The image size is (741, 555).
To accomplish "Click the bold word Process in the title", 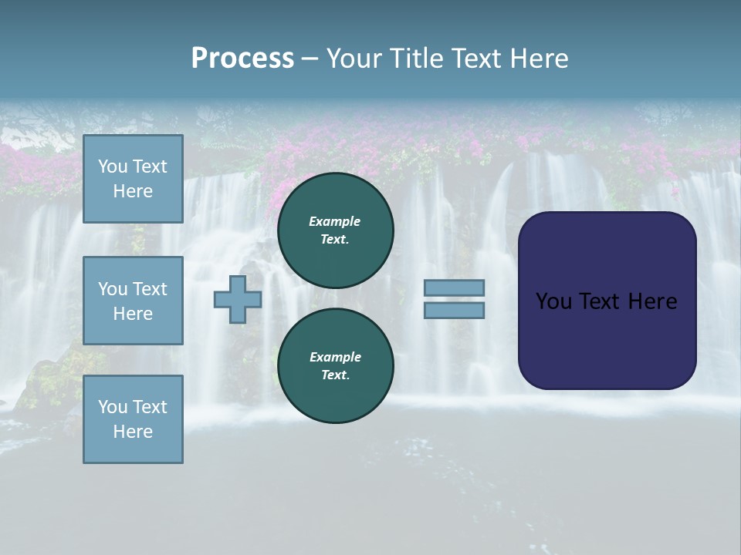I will [242, 59].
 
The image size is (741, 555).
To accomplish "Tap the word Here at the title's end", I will [540, 59].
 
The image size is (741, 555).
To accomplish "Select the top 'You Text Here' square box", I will [133, 179].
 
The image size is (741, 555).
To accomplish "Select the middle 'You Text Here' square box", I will [133, 301].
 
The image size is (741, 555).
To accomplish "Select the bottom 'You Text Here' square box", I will [133, 419].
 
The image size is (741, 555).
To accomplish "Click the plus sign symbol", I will [238, 300].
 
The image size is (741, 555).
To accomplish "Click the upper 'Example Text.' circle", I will [335, 230].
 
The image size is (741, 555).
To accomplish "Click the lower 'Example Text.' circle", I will [335, 365].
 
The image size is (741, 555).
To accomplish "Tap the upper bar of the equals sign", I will [454, 288].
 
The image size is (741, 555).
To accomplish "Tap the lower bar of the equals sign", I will [454, 311].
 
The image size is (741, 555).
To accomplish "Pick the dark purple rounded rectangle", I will [607, 339].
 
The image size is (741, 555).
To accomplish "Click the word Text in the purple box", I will [600, 301].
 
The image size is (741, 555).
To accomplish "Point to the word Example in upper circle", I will [335, 221].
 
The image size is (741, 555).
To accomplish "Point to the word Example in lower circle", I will [335, 357].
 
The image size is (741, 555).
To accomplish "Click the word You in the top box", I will [113, 166].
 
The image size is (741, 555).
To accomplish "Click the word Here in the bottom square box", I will [133, 432].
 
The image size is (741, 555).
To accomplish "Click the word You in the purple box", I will [553, 301].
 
